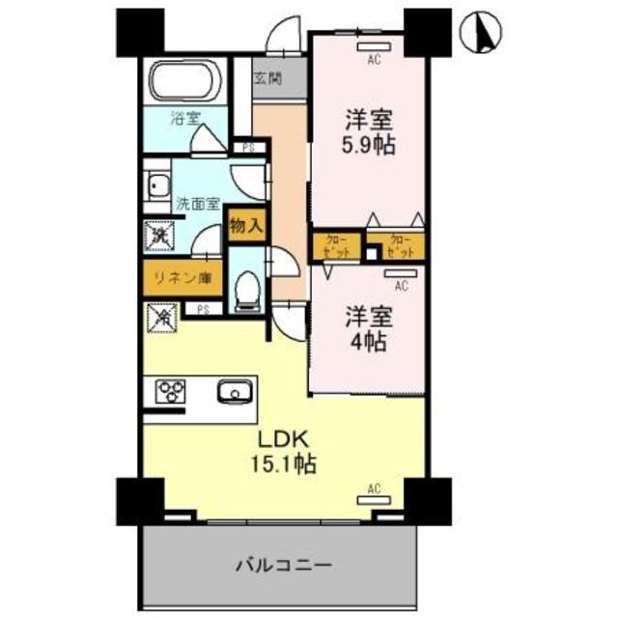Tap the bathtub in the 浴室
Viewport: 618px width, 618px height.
(x=184, y=79)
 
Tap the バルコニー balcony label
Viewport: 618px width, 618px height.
(x=284, y=564)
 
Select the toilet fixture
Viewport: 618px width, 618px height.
(x=249, y=289)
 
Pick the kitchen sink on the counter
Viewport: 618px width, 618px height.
(x=233, y=392)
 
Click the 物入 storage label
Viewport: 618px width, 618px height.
(x=246, y=228)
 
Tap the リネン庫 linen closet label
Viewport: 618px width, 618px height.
(x=179, y=279)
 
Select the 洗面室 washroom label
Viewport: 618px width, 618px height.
(x=197, y=205)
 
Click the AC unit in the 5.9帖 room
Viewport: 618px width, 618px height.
(x=372, y=47)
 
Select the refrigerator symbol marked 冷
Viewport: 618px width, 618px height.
(x=159, y=315)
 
